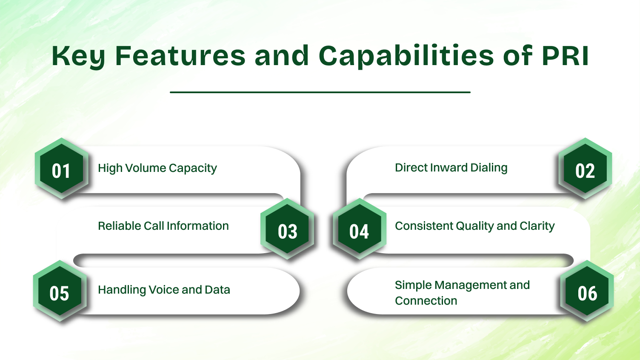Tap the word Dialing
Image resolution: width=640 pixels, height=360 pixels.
[x=489, y=168]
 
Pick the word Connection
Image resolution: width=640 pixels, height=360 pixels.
[x=426, y=301]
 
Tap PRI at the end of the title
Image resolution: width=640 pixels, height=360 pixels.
[x=565, y=56]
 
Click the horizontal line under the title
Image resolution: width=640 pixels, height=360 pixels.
[x=320, y=92]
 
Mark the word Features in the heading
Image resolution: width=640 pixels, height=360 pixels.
[x=180, y=56]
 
